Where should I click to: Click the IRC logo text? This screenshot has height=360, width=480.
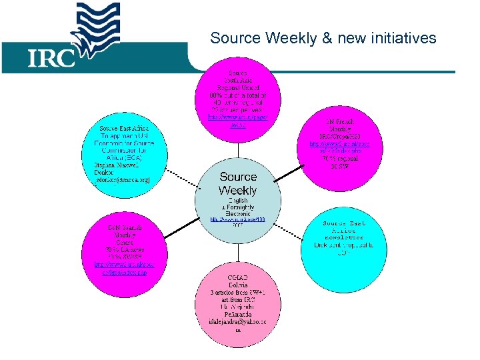(x=51, y=58)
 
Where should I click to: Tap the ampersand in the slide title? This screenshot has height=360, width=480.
(x=327, y=38)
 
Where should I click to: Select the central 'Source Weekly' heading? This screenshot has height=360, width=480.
(x=238, y=183)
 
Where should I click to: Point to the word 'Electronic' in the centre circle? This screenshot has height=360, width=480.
(x=238, y=213)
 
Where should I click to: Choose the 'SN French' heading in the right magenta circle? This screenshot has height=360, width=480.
(x=344, y=122)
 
